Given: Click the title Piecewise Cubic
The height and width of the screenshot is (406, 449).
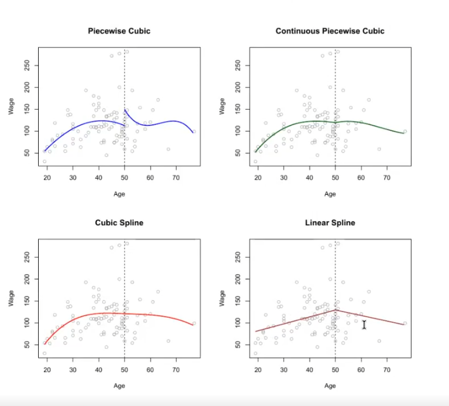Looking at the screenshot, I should [119, 31].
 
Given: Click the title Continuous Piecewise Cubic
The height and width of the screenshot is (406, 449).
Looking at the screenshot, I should [330, 31].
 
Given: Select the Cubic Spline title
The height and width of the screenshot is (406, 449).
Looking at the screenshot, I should [119, 223].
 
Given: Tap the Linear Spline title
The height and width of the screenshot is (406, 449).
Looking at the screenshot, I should [330, 223].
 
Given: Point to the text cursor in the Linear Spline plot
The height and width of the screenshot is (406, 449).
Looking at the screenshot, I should [364, 325].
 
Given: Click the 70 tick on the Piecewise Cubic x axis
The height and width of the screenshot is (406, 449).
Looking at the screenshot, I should [176, 178].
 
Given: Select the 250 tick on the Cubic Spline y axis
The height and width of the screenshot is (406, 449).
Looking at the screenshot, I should [27, 256].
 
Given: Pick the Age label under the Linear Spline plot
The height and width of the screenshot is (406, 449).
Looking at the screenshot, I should [330, 385].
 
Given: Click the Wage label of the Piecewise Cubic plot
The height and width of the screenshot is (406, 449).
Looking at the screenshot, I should [11, 106].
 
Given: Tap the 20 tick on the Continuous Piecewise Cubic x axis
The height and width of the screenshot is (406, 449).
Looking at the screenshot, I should [258, 178].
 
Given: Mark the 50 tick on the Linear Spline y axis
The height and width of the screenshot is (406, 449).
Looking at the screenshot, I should [238, 344].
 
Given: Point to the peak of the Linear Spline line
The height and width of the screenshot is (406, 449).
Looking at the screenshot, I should [335, 310].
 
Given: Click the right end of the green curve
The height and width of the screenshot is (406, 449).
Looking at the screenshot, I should [405, 133].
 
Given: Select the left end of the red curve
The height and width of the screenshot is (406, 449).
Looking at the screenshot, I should [44, 343].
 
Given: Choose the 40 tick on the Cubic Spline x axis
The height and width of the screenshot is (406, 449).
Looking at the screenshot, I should [98, 370].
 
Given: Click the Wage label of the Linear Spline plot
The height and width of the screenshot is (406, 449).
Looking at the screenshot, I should [222, 298].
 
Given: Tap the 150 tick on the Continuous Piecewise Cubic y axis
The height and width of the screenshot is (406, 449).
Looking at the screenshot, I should [238, 109].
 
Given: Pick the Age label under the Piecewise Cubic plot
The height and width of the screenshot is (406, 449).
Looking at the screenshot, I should [119, 193].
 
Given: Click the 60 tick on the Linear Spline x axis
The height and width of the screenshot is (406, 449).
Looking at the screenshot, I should [361, 370].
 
